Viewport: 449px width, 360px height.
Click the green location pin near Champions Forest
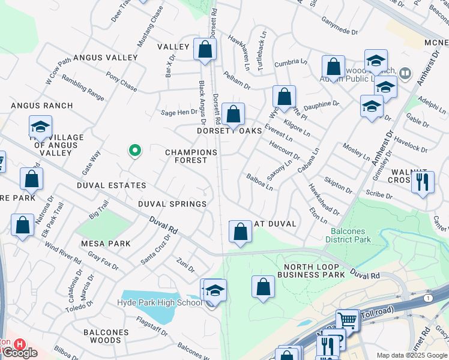click(136, 151)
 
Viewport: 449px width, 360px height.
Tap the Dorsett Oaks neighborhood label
click(230, 131)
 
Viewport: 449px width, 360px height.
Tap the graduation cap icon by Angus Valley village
click(40, 127)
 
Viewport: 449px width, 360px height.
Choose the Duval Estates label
click(111, 186)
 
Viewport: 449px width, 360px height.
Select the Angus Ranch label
click(42, 106)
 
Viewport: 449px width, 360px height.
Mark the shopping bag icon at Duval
click(240, 231)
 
